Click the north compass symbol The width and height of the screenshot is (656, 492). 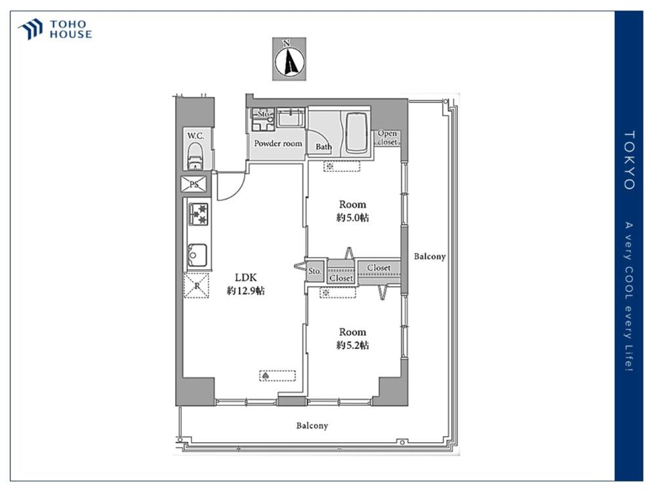[x=289, y=59]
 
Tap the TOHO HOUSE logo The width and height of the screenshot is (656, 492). [x=55, y=30]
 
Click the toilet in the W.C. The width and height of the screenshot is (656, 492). [x=195, y=156]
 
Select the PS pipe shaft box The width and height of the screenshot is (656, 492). [x=194, y=184]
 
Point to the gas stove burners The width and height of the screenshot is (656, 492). [x=198, y=214]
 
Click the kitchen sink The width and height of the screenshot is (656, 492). [x=197, y=255]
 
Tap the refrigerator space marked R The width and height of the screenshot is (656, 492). [x=196, y=285]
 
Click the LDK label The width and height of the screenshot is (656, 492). [x=245, y=277]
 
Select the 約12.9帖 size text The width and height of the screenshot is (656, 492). [x=245, y=291]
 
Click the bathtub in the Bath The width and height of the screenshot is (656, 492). [x=356, y=134]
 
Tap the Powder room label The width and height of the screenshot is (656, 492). [x=278, y=144]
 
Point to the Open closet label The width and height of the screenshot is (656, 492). [x=388, y=138]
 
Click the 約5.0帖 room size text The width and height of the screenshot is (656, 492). [x=353, y=218]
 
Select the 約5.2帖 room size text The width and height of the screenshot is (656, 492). [x=353, y=345]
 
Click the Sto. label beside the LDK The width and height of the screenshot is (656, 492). [x=315, y=271]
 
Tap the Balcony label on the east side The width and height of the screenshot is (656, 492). [x=430, y=256]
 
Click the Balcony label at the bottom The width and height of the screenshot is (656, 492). [x=312, y=426]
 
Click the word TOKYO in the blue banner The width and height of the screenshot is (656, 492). [x=629, y=160]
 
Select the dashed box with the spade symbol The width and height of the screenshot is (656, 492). [x=277, y=376]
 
